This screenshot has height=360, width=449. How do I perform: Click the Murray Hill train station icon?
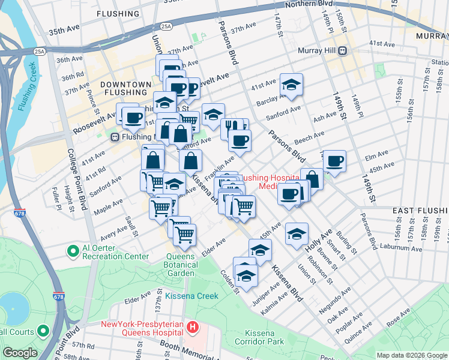(342, 52)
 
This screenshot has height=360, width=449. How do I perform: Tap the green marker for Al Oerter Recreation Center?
(73, 250)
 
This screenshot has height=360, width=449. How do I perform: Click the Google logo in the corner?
(19, 353)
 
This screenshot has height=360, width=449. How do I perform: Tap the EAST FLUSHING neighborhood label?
(420, 211)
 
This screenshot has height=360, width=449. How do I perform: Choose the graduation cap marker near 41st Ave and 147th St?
(292, 85)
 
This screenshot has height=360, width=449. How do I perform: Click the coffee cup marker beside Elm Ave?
(334, 161)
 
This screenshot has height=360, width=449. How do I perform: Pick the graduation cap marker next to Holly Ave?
(297, 234)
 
